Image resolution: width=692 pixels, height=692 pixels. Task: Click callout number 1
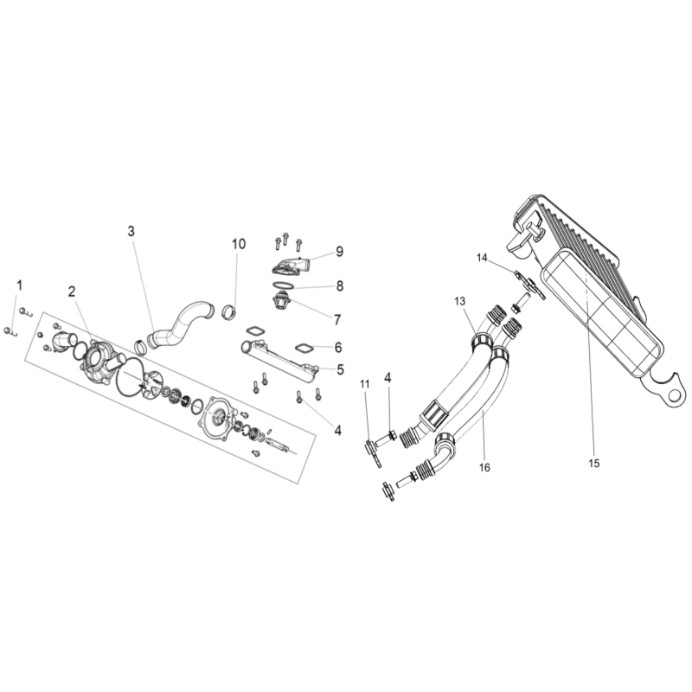click(x=19, y=285)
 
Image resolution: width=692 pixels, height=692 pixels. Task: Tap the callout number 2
click(x=72, y=292)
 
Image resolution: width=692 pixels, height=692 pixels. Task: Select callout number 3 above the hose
click(x=131, y=231)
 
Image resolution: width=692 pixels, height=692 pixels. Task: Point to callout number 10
click(x=239, y=244)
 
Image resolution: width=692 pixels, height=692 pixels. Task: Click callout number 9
click(x=339, y=251)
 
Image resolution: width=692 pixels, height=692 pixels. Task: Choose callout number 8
click(x=340, y=285)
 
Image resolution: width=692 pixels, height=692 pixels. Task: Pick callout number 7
click(x=337, y=319)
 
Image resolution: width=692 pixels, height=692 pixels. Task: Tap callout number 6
click(x=338, y=348)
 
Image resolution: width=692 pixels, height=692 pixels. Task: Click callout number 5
click(x=340, y=369)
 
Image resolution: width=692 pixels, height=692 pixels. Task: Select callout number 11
click(x=364, y=384)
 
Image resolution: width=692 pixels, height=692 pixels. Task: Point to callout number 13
click(x=460, y=301)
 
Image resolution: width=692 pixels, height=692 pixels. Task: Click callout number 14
click(x=482, y=258)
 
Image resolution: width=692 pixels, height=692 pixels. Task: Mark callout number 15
click(x=594, y=463)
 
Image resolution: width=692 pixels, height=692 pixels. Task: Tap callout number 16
click(x=484, y=467)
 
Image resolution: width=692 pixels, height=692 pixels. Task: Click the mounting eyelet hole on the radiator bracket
click(x=674, y=395)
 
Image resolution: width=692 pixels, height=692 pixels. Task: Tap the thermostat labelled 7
click(x=281, y=302)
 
